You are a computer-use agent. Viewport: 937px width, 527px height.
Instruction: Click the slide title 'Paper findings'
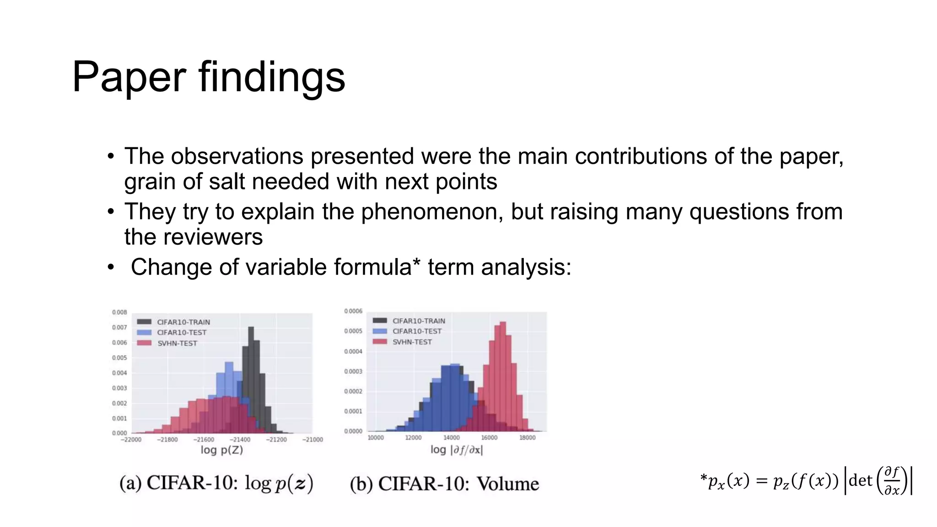pyautogui.click(x=209, y=77)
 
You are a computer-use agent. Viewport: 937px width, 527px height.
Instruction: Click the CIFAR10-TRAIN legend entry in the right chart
pyautogui.click(x=418, y=321)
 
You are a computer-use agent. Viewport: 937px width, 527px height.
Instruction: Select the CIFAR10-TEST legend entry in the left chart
pyautogui.click(x=181, y=333)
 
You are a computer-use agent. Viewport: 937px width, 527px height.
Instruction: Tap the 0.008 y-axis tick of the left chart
pyautogui.click(x=119, y=312)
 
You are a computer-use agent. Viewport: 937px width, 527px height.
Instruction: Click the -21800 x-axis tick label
pyautogui.click(x=167, y=440)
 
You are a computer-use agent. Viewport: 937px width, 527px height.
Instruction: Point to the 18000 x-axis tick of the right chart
pyautogui.click(x=527, y=438)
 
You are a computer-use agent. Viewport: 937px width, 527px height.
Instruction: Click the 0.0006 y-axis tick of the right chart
pyautogui.click(x=353, y=311)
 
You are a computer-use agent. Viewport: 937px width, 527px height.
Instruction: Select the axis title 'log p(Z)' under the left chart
pyautogui.click(x=222, y=450)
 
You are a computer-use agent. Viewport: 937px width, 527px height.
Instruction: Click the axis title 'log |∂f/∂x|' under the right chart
pyautogui.click(x=457, y=450)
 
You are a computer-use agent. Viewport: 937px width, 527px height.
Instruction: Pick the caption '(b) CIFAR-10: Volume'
pyautogui.click(x=444, y=484)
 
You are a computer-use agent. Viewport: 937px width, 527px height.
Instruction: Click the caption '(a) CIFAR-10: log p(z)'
pyautogui.click(x=216, y=483)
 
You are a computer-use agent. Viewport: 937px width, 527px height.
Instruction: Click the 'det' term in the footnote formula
pyautogui.click(x=860, y=480)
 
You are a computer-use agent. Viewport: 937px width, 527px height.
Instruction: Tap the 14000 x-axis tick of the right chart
pyautogui.click(x=451, y=438)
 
